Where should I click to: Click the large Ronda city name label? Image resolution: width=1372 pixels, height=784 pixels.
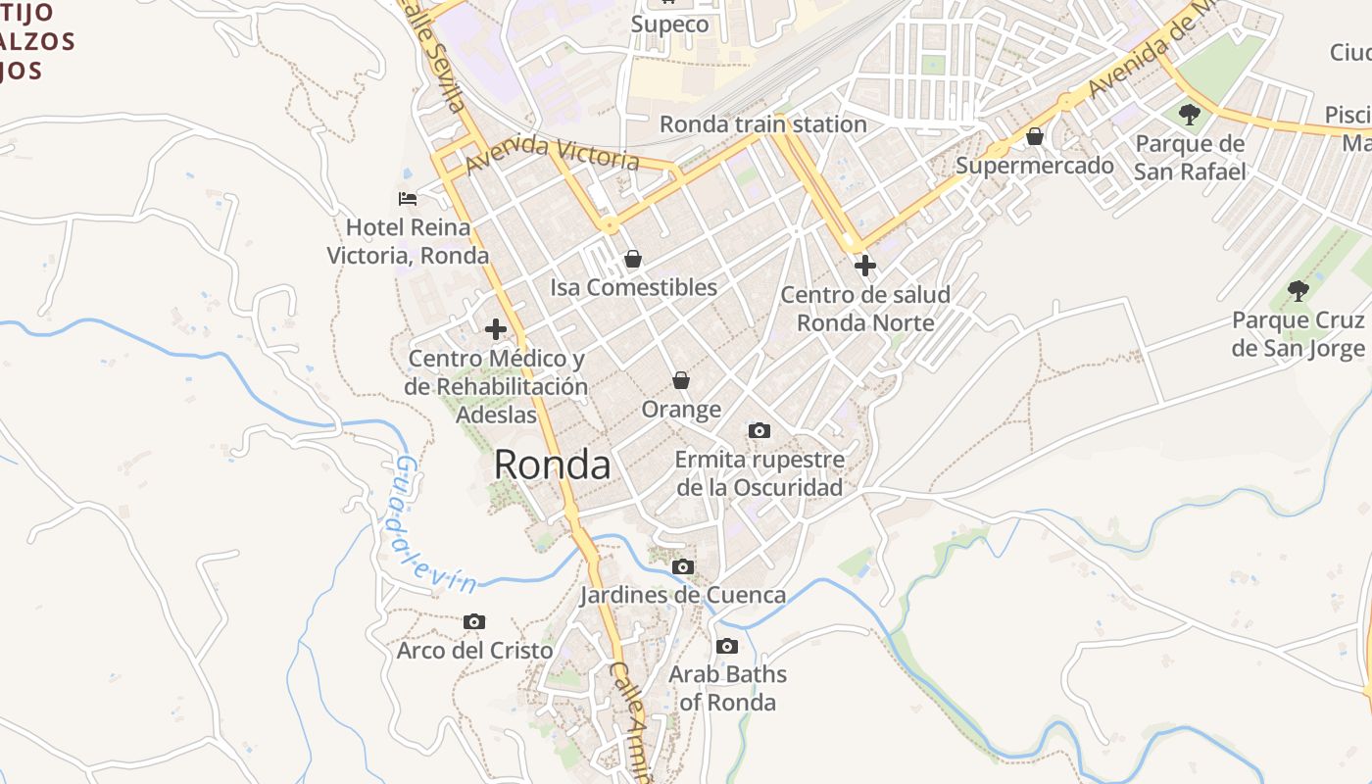pos(552,465)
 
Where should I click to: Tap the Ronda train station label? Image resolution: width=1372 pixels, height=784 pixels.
pos(762,124)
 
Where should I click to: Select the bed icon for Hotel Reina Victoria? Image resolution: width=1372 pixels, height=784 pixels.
pos(408,199)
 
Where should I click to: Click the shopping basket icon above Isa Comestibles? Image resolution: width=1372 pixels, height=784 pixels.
pos(633,259)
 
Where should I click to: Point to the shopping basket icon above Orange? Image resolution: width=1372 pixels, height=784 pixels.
pos(681,380)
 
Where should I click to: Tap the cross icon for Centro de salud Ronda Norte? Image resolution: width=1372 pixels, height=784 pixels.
pos(864,265)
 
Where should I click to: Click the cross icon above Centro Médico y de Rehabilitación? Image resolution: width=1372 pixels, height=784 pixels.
pos(496,329)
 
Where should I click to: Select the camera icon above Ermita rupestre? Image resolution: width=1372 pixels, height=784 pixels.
pos(759,430)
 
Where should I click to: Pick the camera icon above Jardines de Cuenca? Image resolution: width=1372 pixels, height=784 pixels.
pos(683,566)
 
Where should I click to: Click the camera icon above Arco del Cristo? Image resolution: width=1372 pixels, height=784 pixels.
pos(474,621)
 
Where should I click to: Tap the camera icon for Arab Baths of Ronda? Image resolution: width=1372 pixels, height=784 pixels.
pos(727,646)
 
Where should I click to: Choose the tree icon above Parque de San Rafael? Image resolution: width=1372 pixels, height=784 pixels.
pos(1190,115)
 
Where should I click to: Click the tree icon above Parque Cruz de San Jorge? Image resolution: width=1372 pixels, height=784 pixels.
pos(1298,290)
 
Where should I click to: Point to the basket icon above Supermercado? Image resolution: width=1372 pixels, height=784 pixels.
pos(1035,136)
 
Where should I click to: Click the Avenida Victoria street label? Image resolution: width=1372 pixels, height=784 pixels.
pos(553,152)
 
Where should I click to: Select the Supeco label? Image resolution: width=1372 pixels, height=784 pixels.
pos(669,24)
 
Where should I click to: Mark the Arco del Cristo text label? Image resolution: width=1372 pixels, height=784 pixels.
pos(474,651)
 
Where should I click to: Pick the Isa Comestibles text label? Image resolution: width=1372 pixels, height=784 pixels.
pos(633,287)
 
